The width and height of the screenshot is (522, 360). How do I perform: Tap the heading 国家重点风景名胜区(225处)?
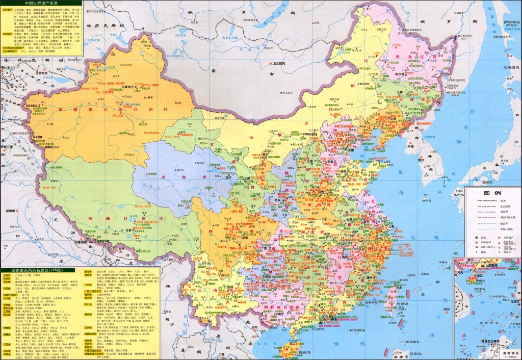pos(38,270)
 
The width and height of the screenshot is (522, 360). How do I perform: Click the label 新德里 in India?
pos(11,210)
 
